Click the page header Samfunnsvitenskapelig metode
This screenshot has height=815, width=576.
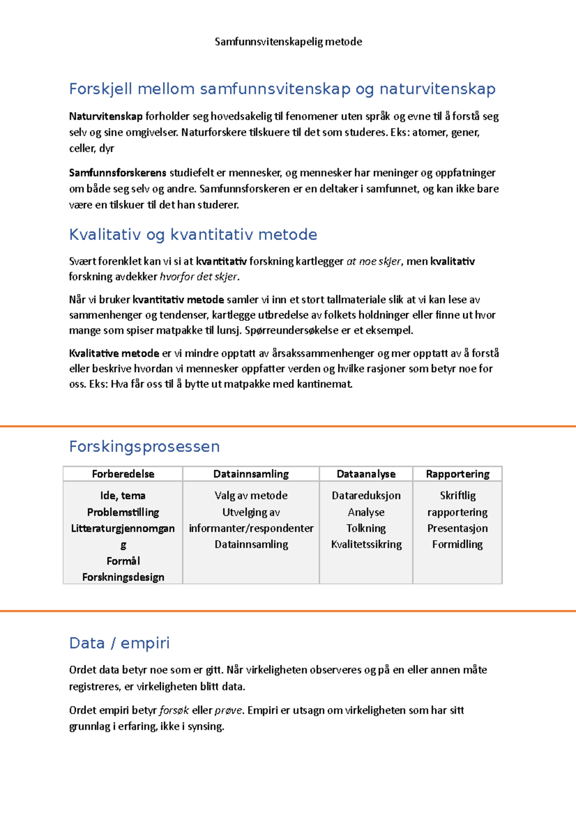[x=288, y=42]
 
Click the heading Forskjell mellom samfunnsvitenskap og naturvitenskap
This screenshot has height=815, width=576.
[x=282, y=89]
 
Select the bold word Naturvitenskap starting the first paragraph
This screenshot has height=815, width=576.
[x=106, y=116]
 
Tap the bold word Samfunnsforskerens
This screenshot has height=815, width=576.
[x=118, y=173]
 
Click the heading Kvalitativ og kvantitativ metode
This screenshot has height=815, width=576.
[x=193, y=235]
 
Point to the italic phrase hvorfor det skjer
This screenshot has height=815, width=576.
[x=198, y=277]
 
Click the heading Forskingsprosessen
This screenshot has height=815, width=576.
[x=144, y=447]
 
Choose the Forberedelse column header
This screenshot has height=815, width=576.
[x=123, y=474]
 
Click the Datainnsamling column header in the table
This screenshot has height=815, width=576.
[x=251, y=474]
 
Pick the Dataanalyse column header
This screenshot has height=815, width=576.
[x=366, y=474]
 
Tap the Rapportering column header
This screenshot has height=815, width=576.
[x=457, y=474]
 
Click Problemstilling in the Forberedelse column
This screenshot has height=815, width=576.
[x=123, y=512]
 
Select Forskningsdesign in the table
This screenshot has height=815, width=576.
[x=123, y=577]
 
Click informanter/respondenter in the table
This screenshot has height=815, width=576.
[x=251, y=528]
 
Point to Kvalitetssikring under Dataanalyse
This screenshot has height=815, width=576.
[x=366, y=544]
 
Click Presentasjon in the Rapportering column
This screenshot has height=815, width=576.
[x=457, y=528]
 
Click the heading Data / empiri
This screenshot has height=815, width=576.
[x=120, y=643]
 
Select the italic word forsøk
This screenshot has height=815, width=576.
[x=174, y=710]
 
